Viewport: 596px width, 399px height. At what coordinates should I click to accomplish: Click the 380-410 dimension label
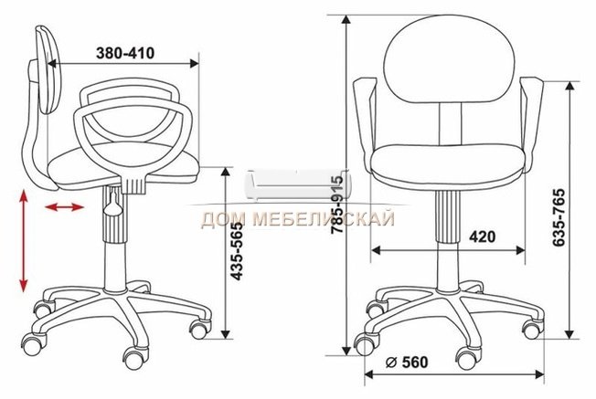(125, 53)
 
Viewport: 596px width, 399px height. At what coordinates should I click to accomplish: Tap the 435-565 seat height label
(237, 251)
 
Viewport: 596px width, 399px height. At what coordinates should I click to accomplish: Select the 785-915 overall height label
(337, 205)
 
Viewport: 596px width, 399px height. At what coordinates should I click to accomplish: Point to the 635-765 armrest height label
(559, 216)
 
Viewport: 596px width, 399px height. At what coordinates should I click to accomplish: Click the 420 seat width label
(482, 236)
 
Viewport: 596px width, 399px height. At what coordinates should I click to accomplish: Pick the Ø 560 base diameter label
(407, 362)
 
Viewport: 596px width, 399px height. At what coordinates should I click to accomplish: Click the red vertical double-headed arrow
(24, 241)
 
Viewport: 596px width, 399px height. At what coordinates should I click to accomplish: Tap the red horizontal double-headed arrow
(64, 207)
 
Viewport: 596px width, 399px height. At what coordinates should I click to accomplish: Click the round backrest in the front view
(449, 59)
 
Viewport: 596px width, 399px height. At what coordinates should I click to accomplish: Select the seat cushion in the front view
(449, 163)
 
